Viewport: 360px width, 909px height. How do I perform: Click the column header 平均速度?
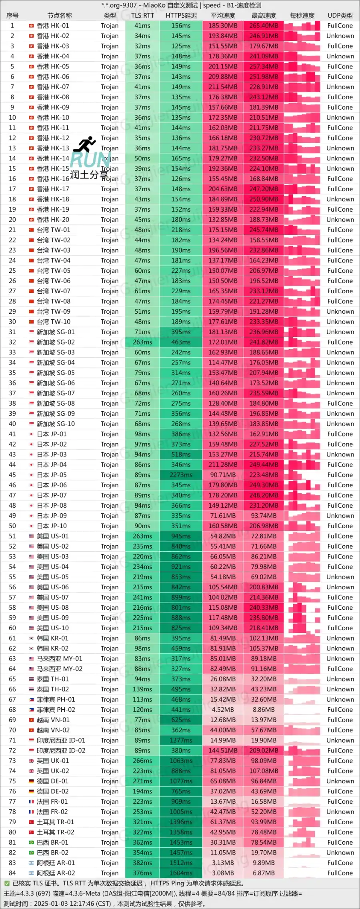click(223, 16)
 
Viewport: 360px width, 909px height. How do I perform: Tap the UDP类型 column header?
click(340, 16)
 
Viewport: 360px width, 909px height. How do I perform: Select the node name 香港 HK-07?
click(53, 87)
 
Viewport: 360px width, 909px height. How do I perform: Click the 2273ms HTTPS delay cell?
click(181, 475)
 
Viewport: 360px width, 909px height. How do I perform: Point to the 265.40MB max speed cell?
click(264, 26)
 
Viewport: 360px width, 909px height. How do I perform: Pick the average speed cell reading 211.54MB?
click(223, 87)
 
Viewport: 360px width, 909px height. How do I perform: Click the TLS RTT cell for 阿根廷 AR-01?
click(142, 863)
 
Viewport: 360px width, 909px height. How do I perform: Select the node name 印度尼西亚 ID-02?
click(61, 751)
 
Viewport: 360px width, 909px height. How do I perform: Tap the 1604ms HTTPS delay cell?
click(181, 873)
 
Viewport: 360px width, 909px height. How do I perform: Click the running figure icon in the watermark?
click(85, 144)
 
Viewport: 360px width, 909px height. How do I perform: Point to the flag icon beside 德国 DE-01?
click(31, 781)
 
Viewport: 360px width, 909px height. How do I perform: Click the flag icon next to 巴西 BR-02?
click(31, 853)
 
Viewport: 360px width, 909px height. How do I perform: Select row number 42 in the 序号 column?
click(12, 444)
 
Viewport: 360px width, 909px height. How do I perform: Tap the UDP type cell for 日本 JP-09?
click(340, 516)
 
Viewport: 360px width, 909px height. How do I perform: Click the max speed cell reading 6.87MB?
click(264, 873)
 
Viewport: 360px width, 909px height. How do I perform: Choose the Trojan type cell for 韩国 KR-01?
click(110, 638)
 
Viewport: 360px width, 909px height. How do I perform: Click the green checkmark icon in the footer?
click(7, 883)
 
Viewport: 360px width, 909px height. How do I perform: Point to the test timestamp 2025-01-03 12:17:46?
click(72, 903)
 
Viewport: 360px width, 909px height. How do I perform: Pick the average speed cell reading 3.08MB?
click(223, 873)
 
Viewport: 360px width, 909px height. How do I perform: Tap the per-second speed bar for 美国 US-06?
click(302, 587)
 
